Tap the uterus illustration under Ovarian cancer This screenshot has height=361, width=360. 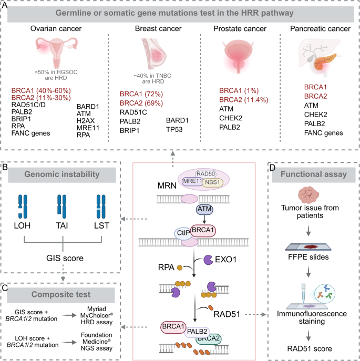(45, 50)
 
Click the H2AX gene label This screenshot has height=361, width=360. (88, 123)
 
